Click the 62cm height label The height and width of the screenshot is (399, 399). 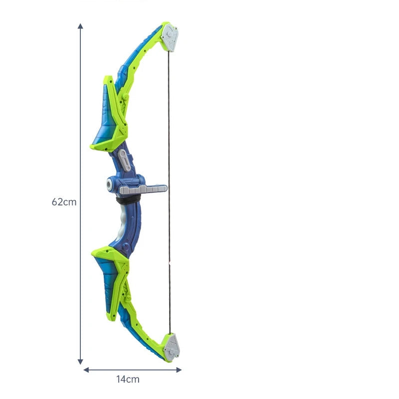point(64,202)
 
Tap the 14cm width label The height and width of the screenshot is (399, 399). point(128,379)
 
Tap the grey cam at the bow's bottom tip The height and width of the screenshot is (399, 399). point(171,346)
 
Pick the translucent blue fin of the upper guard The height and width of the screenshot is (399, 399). point(106,115)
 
